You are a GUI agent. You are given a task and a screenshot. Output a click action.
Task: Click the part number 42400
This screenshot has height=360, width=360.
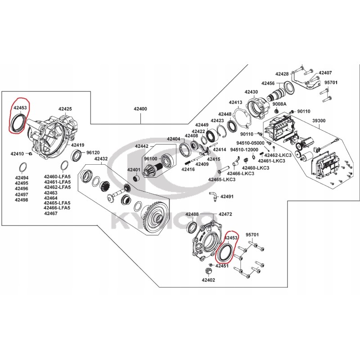[x=140, y=109]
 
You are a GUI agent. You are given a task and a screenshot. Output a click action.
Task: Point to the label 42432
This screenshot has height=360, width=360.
[x=101, y=159]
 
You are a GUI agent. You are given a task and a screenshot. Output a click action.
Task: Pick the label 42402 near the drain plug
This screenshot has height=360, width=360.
[x=208, y=280]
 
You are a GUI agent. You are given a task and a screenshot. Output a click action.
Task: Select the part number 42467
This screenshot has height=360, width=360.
[x=51, y=214]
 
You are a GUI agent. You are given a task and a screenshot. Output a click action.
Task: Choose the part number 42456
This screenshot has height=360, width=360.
[x=268, y=83]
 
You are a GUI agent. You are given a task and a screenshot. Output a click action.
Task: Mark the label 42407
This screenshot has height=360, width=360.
[x=325, y=72]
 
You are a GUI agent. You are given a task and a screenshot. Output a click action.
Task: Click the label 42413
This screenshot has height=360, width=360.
[x=235, y=103]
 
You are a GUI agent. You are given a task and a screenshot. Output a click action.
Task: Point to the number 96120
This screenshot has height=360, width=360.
[x=93, y=153]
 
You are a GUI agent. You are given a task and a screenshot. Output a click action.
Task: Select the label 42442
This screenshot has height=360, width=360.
[x=142, y=146]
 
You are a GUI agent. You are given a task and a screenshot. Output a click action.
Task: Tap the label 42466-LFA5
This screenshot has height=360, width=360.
[x=57, y=208]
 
